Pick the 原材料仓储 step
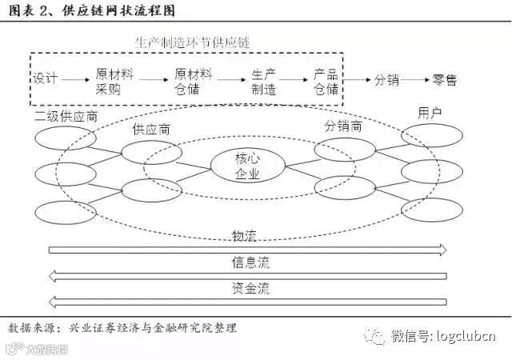click(193, 81)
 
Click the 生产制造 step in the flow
click(263, 81)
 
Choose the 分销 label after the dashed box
click(382, 81)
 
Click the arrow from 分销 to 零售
click(414, 81)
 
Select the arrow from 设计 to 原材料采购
click(78, 81)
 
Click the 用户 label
click(430, 113)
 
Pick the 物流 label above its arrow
click(245, 236)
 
